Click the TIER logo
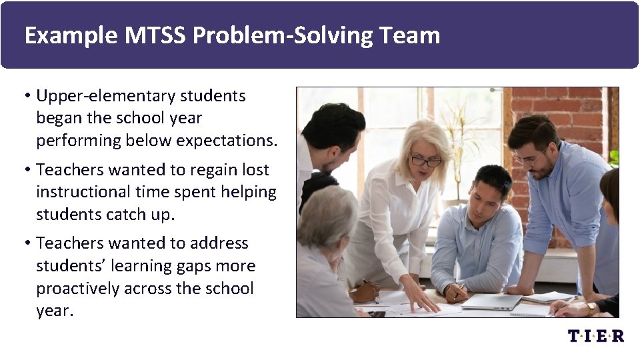pos(595,336)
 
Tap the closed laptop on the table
pos(492,301)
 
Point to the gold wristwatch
pos(590,309)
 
